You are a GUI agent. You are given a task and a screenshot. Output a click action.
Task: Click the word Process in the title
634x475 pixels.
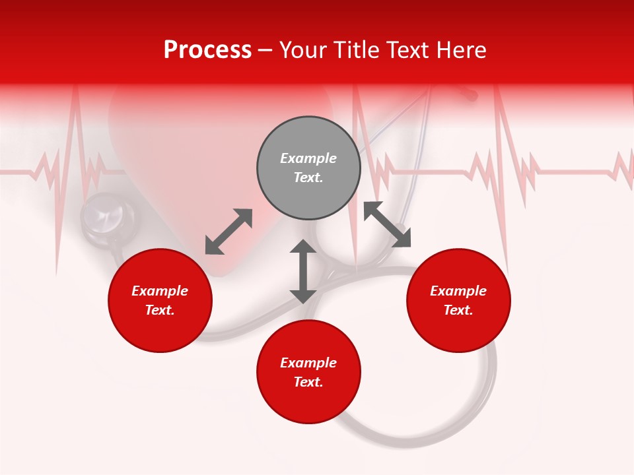pos(207,50)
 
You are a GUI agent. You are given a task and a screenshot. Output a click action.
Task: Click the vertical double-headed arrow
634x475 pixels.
pos(302,271)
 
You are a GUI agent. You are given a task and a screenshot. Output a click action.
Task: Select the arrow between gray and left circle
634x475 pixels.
pos(229,232)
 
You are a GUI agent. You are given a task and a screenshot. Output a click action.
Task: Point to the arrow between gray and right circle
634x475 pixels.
pos(387,225)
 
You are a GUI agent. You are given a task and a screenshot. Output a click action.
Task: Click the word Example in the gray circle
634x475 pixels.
pos(308,158)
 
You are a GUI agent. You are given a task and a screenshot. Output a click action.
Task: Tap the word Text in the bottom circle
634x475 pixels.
pos(308,382)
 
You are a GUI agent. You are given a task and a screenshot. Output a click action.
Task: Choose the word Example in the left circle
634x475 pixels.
pos(160,291)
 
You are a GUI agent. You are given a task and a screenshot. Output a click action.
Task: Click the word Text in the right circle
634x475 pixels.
pos(458,310)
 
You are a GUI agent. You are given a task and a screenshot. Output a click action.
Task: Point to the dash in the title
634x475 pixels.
pos(265,50)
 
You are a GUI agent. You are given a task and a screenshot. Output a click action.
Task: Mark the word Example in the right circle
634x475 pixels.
pos(458,291)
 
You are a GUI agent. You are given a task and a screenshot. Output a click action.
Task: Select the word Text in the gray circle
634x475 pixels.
pos(308,177)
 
